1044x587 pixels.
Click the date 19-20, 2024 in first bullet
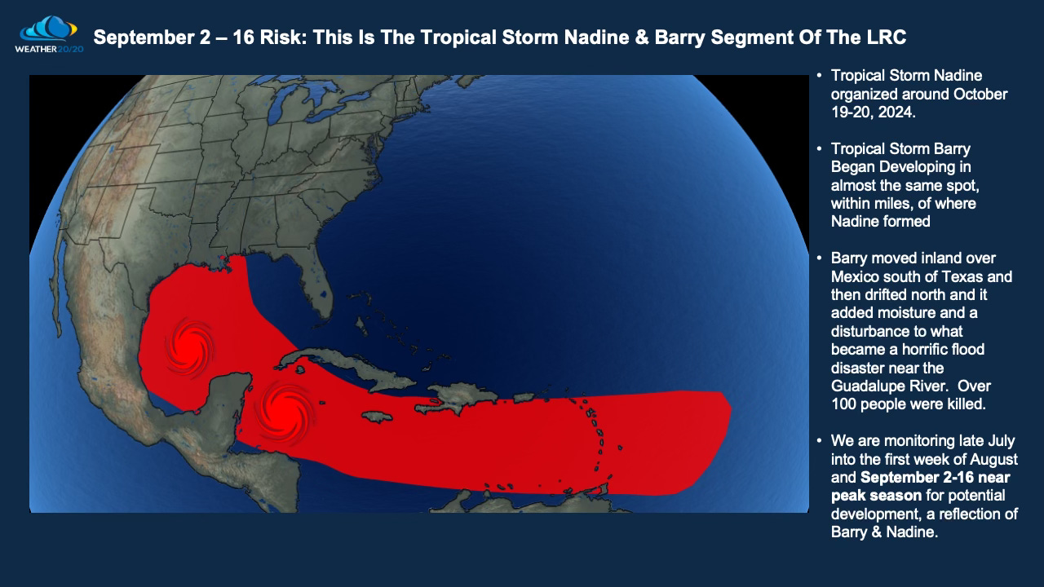click(872, 113)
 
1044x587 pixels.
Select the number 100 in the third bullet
click(844, 404)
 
